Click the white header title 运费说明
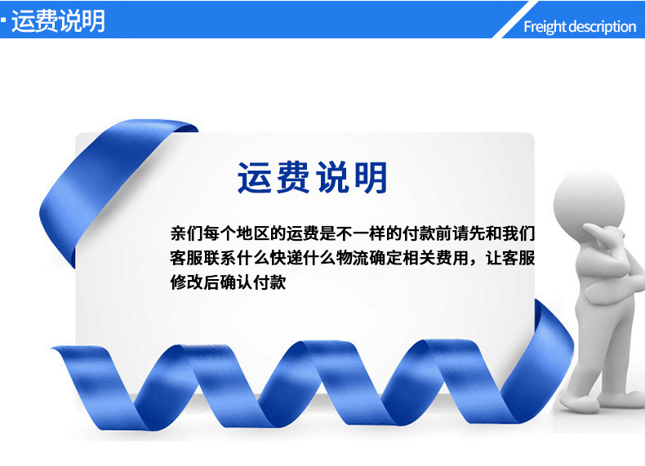(x=58, y=20)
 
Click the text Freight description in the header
(x=579, y=27)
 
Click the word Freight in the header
(x=545, y=27)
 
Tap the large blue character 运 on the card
(x=256, y=178)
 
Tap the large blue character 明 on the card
(x=370, y=178)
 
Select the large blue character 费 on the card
(x=293, y=178)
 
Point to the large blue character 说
(x=331, y=178)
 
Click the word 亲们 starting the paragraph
(x=189, y=233)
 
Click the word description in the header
(x=602, y=27)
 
